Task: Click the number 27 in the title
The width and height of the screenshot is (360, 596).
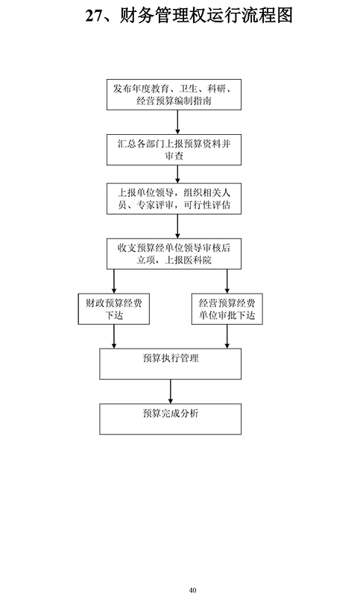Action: click(94, 16)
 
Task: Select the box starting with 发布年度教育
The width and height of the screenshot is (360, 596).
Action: click(174, 95)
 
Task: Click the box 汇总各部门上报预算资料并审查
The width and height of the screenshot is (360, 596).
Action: click(174, 150)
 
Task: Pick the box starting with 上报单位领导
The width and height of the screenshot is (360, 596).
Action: click(174, 199)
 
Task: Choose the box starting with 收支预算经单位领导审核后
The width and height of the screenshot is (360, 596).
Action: click(174, 254)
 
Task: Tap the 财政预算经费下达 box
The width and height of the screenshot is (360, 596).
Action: click(113, 309)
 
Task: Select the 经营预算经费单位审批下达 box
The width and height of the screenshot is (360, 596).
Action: click(227, 309)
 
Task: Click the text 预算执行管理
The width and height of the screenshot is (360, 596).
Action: click(171, 358)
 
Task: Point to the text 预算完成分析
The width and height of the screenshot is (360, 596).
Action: click(171, 413)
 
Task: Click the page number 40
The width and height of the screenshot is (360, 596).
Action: click(192, 590)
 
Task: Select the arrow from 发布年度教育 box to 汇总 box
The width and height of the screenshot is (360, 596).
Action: click(177, 122)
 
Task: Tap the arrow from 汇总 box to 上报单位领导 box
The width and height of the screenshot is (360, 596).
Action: click(177, 174)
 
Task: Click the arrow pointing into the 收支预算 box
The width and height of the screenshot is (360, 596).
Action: click(177, 226)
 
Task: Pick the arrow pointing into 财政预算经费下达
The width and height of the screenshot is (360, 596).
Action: click(113, 282)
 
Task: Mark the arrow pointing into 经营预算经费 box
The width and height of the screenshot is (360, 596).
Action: click(227, 282)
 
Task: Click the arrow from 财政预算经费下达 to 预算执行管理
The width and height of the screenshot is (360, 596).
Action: click(113, 337)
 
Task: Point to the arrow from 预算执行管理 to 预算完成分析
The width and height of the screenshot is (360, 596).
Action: click(170, 392)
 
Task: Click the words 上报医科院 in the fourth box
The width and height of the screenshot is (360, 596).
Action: click(188, 260)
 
